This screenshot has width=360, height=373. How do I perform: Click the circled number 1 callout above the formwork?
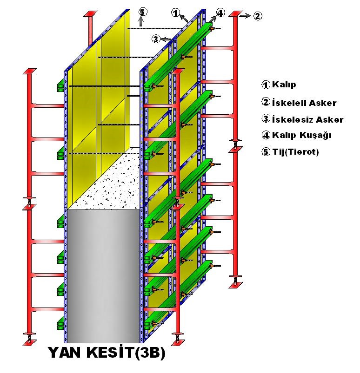176,13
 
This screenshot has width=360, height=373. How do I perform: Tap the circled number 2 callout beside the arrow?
258,16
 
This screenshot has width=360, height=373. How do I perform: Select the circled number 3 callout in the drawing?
156,38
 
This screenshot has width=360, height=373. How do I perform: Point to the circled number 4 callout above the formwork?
220,12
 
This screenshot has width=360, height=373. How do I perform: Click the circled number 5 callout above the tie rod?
142,11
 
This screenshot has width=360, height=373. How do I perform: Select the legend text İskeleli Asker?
304,103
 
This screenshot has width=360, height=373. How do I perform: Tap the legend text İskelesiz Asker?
307,119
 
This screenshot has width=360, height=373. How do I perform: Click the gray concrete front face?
102,274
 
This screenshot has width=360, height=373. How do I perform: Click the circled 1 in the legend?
266,85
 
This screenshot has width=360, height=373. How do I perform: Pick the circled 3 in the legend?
266,119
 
